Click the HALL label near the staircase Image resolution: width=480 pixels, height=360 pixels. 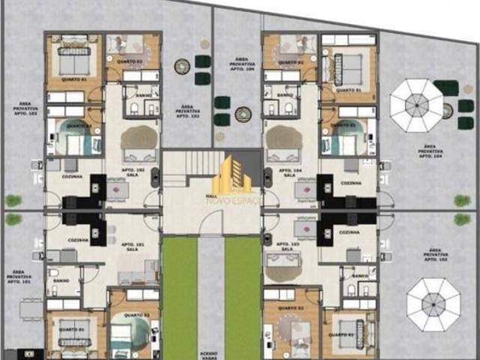coord(211,196)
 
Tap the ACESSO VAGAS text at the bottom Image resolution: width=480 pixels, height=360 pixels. coord(211,355)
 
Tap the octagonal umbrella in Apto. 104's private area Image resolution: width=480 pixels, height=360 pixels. coord(417,105)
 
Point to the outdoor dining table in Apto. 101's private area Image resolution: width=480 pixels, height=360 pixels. coord(30,307)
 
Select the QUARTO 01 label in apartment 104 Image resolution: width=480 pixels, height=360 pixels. coord(347,90)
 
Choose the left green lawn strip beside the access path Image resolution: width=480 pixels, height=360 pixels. coord(179,296)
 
